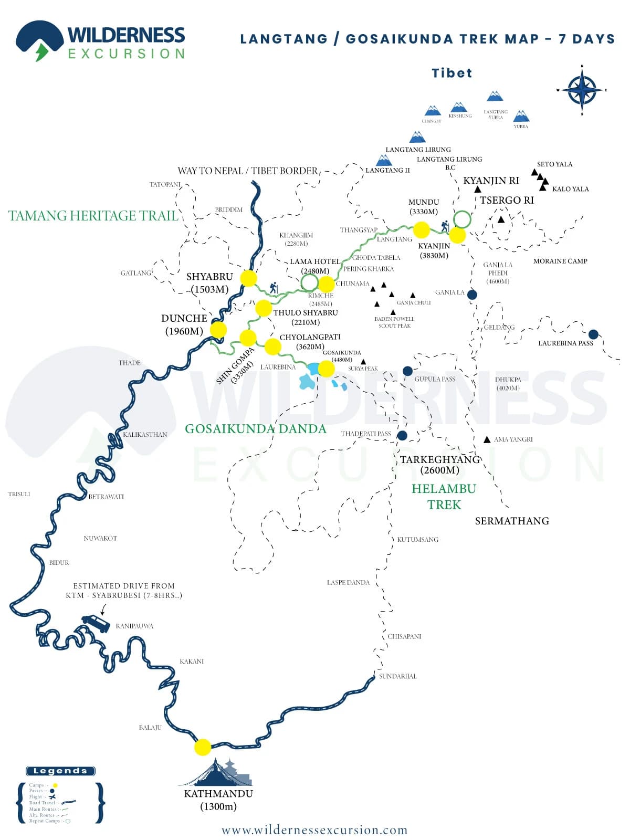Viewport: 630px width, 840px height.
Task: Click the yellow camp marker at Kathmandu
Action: pyautogui.click(x=203, y=747)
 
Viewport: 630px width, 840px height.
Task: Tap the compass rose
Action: pyautogui.click(x=582, y=90)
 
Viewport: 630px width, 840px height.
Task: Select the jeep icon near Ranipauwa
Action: pyautogui.click(x=96, y=623)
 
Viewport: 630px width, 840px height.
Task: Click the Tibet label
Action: pyautogui.click(x=451, y=73)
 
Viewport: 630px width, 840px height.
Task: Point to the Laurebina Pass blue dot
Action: pyautogui.click(x=593, y=334)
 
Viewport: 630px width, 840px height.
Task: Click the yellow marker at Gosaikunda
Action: pyautogui.click(x=326, y=369)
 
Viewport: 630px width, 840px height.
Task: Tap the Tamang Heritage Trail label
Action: pyautogui.click(x=93, y=216)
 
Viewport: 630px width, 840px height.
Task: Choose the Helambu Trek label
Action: pyautogui.click(x=444, y=497)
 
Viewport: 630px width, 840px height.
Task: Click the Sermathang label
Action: pyautogui.click(x=512, y=521)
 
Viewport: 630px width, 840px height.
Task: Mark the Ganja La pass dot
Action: pyautogui.click(x=472, y=295)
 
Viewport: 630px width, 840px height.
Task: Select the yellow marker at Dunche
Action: pyautogui.click(x=218, y=330)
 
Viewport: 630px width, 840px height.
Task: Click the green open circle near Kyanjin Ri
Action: pyautogui.click(x=462, y=219)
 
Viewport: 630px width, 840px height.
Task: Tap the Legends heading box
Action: pyautogui.click(x=60, y=771)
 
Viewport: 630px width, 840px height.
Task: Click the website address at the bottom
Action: pyautogui.click(x=314, y=830)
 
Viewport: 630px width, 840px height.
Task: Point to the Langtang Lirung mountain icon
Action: pyautogui.click(x=417, y=137)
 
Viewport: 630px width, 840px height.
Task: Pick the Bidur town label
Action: pyautogui.click(x=59, y=562)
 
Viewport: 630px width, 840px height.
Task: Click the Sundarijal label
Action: pyautogui.click(x=397, y=676)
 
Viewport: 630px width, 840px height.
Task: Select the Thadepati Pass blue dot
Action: pyautogui.click(x=402, y=435)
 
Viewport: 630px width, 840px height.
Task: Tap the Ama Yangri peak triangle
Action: pyautogui.click(x=487, y=439)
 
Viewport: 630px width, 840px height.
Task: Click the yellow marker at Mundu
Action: pyautogui.click(x=421, y=229)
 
